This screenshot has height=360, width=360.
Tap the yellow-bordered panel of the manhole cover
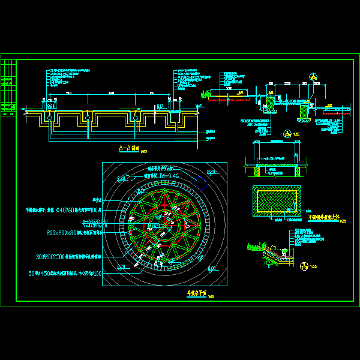click(276, 200)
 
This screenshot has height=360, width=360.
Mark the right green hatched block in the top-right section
click(304, 110)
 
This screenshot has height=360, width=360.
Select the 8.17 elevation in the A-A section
click(159, 106)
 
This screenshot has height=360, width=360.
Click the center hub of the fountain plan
click(164, 223)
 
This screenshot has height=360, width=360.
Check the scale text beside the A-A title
click(144, 152)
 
